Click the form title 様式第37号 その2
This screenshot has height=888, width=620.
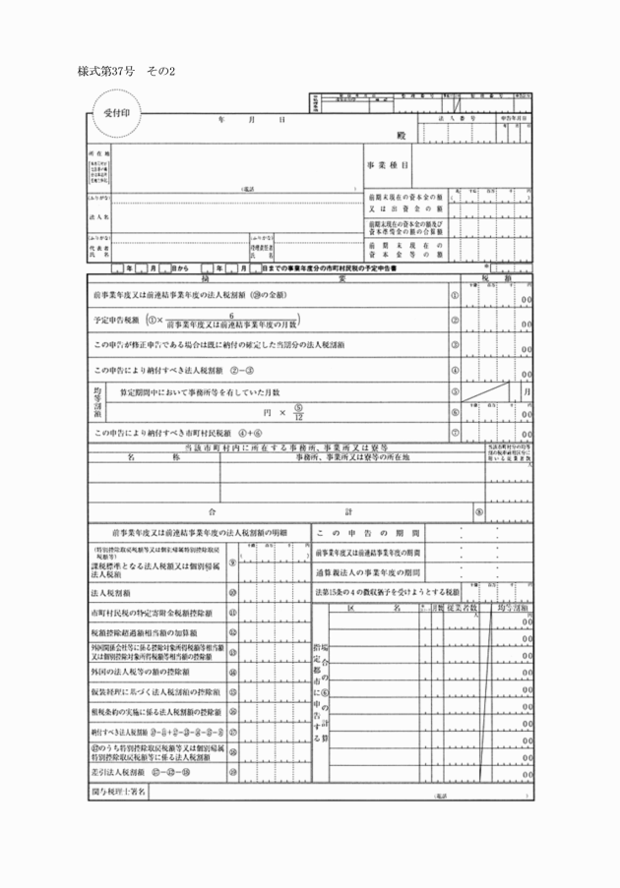point(125,72)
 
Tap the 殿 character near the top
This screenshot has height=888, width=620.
point(402,135)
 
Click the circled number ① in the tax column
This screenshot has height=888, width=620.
point(455,295)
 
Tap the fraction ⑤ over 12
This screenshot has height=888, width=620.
point(298,412)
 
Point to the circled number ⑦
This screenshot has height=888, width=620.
point(455,433)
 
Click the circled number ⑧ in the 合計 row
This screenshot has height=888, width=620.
point(478,512)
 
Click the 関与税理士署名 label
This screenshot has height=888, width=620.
point(118,791)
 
